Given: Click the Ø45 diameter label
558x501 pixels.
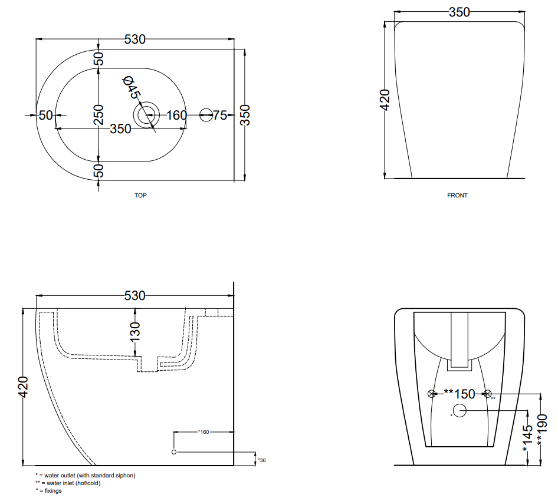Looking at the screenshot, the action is (132, 87).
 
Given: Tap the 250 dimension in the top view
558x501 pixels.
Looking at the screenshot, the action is (99, 114).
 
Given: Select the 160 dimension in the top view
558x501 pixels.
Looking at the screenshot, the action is (176, 115).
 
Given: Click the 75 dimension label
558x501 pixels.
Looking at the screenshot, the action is (220, 115).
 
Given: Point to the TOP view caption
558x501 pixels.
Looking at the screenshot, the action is (140, 195).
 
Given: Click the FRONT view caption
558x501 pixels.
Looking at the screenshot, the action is (457, 195).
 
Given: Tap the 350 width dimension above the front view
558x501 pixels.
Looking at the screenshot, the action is (459, 12).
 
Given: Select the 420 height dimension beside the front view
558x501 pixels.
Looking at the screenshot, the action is (385, 100).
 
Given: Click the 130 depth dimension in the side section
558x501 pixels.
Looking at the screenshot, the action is (135, 331).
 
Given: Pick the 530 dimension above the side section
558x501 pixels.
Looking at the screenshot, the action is (135, 295).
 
